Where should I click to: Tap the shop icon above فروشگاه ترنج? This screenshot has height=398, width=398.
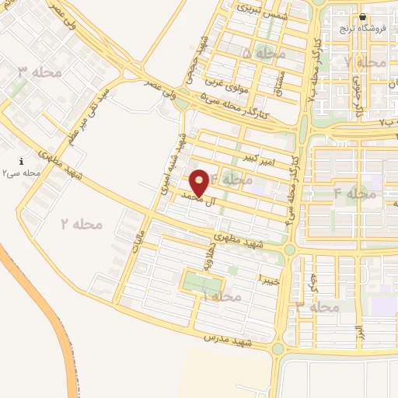coord(362,17)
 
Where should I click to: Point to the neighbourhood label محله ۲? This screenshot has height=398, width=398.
coord(82,224)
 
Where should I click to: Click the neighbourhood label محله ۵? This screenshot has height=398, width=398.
coord(265,54)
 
